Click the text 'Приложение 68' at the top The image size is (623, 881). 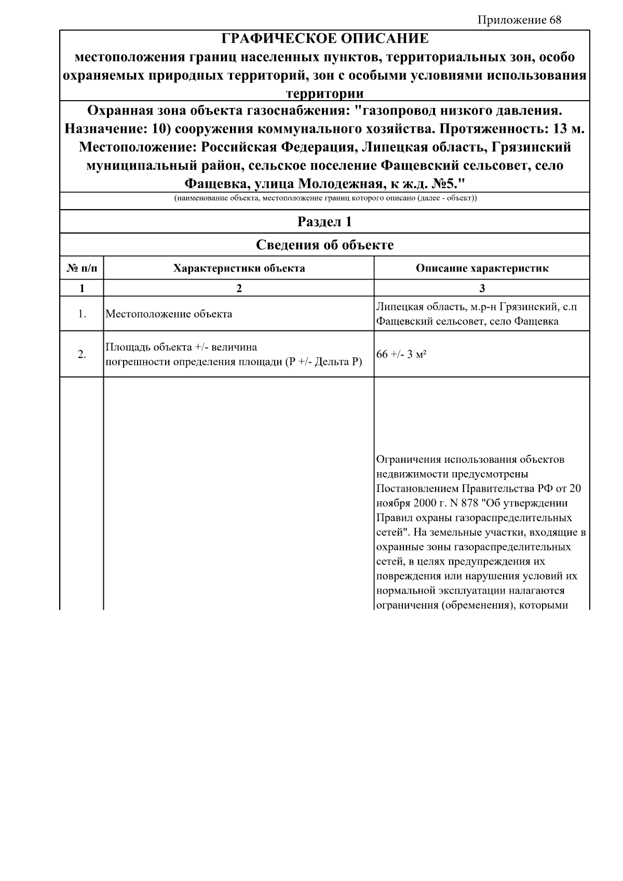click(x=519, y=20)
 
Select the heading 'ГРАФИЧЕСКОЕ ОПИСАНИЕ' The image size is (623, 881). click(x=325, y=39)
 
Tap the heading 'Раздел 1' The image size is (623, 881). click(x=325, y=222)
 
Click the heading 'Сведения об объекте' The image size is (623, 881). click(x=325, y=245)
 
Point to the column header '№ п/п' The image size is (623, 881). click(x=82, y=268)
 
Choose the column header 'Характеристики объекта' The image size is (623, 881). click(x=239, y=268)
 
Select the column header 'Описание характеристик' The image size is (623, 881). click(x=482, y=268)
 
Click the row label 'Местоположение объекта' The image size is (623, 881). click(x=169, y=314)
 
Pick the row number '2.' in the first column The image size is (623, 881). click(x=82, y=354)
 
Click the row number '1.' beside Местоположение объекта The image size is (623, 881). click(x=82, y=314)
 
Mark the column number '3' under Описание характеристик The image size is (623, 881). click(x=482, y=288)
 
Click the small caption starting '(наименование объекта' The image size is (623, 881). click(x=325, y=199)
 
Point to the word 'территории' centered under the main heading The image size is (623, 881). click(x=325, y=94)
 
